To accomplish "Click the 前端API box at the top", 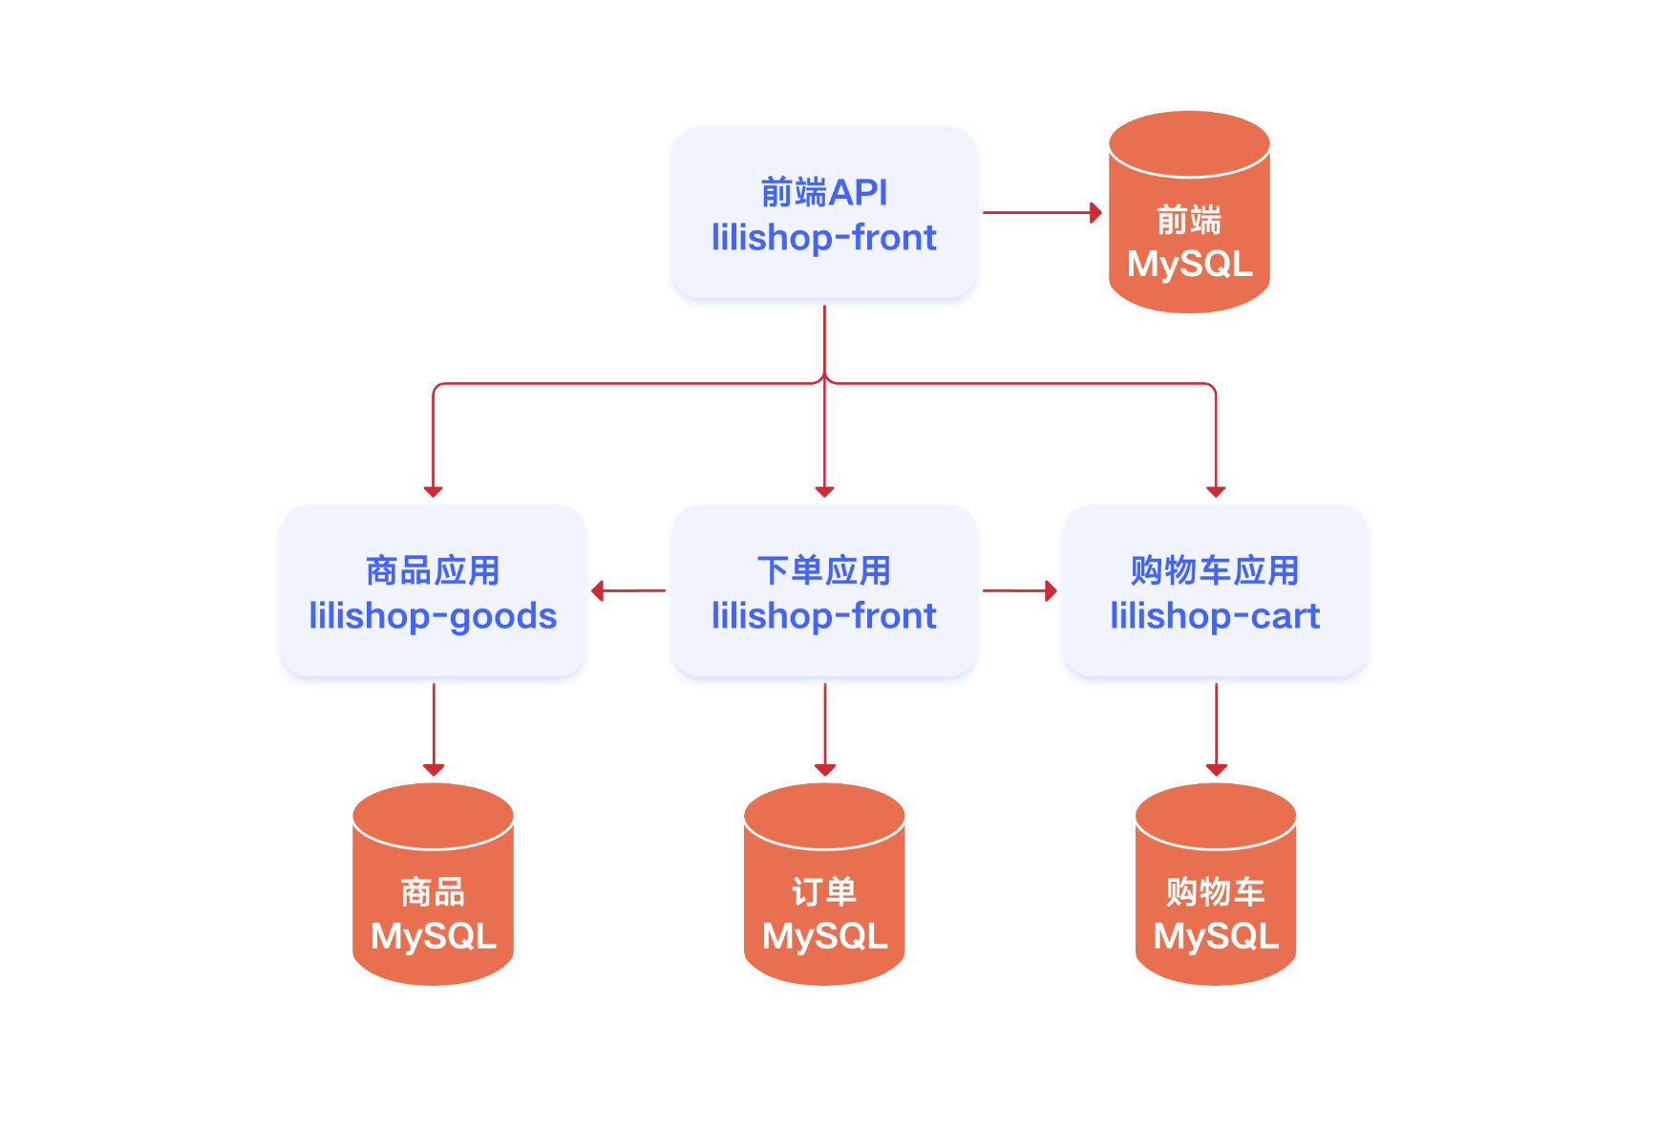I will point(824,212).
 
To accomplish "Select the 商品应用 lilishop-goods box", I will point(433,590).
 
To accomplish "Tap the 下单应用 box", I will point(824,590).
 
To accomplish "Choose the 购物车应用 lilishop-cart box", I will point(1215,590).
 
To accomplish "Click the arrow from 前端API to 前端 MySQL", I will point(1041,212).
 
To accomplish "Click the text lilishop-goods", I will point(433,616).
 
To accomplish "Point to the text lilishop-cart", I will point(1215,616).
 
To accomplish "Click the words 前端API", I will point(824,192).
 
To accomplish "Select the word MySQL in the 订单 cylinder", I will point(824,935).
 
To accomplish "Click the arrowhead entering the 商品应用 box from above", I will point(433,491).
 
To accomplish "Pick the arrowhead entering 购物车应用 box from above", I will point(1216,491).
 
